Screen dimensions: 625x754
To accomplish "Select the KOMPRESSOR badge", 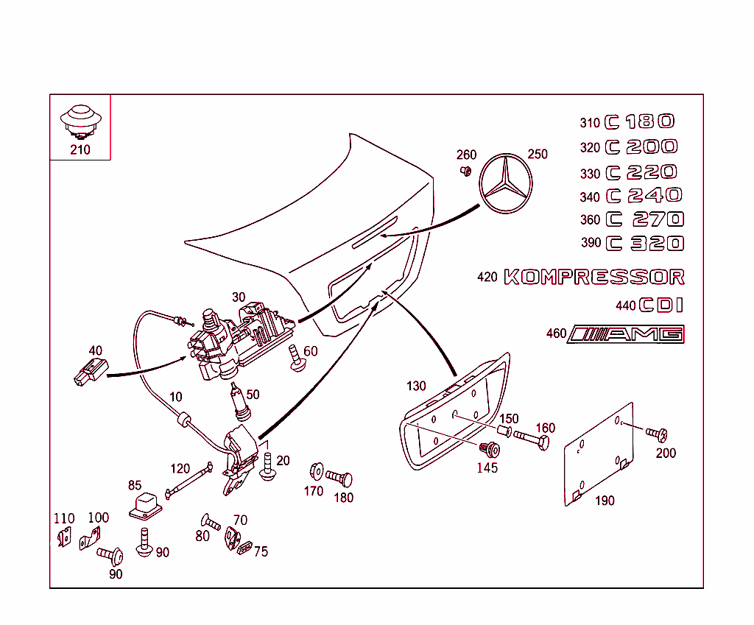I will point(593,278).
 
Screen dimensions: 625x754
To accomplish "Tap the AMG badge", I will point(627,334).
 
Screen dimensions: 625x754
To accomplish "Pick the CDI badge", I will point(660,305).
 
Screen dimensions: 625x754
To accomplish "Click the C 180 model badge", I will point(639,122).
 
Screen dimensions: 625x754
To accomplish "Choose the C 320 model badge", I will point(644,243).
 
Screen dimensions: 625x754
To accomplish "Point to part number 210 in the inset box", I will point(80,150).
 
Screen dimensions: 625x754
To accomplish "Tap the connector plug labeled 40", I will point(90,372).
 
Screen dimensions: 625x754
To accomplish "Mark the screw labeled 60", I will point(297,359).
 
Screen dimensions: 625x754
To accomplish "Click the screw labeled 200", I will point(656,434).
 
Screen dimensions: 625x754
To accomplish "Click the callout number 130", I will point(416,386).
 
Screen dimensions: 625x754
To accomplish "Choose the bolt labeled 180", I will point(339,479).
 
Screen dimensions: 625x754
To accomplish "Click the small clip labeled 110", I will point(64,539).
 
